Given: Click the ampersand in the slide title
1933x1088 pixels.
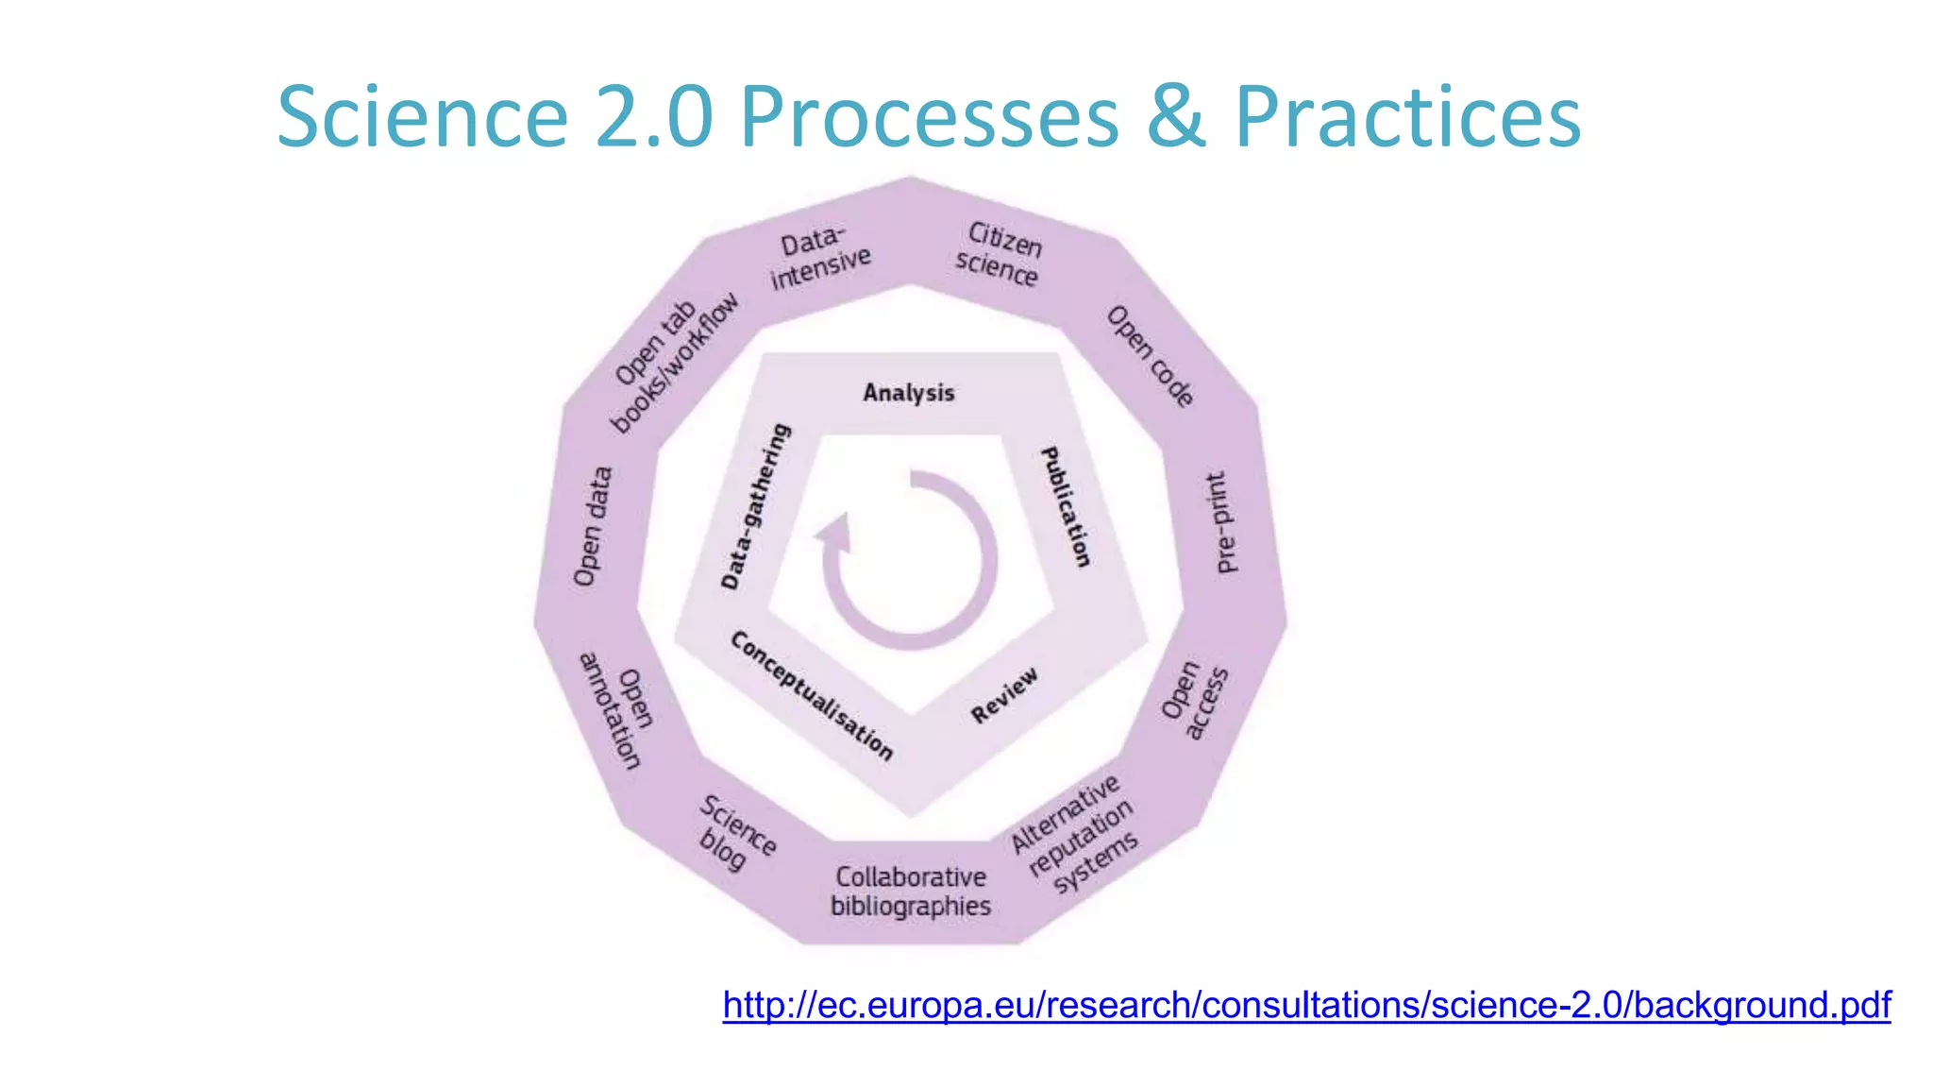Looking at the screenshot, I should (x=1176, y=117).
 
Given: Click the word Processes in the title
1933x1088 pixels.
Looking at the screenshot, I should (x=929, y=117).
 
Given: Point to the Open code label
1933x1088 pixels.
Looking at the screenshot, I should (x=1151, y=356).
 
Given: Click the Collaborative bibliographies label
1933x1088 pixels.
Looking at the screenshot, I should (x=911, y=892).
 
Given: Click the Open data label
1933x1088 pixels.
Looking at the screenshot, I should (x=593, y=526).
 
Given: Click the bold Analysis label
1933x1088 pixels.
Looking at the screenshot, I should (x=909, y=393).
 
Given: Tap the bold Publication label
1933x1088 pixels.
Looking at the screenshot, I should (x=1066, y=507).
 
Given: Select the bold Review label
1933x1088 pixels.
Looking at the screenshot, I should (x=1004, y=695).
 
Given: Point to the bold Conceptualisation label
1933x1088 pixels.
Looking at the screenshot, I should (x=812, y=694).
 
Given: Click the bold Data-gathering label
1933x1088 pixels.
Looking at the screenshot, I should (x=755, y=507).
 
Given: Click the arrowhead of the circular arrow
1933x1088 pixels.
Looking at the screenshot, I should (x=834, y=533).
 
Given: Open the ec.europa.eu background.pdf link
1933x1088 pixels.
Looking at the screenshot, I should (x=1306, y=1005).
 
